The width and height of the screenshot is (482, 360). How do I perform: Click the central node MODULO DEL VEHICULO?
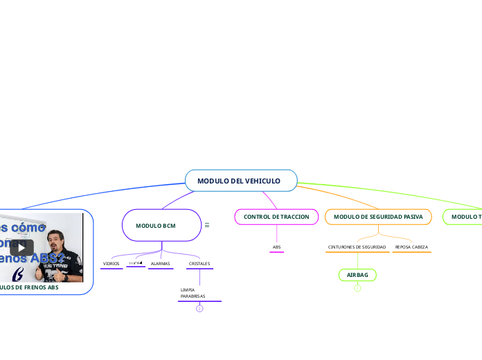(240, 181)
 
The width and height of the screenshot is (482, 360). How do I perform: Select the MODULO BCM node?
(156, 226)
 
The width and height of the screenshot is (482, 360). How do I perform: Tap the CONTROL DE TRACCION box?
(276, 217)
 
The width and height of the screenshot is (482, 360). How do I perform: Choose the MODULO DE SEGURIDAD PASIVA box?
(377, 217)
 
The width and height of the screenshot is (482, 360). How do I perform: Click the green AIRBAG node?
(357, 275)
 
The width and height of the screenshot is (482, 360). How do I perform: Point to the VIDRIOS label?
(111, 264)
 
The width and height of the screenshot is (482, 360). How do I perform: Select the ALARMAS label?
(160, 264)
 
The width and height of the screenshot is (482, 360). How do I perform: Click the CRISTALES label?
(199, 264)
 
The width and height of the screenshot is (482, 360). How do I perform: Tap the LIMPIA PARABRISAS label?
(193, 293)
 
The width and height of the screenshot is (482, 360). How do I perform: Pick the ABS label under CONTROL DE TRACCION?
(276, 247)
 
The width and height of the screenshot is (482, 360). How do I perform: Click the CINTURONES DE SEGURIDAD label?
(357, 247)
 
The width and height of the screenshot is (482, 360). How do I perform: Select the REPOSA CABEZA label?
(411, 247)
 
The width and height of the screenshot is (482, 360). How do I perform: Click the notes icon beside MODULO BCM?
(207, 225)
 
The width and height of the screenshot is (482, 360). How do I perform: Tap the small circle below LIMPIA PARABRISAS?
(199, 309)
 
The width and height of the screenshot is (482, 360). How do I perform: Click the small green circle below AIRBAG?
(357, 288)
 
